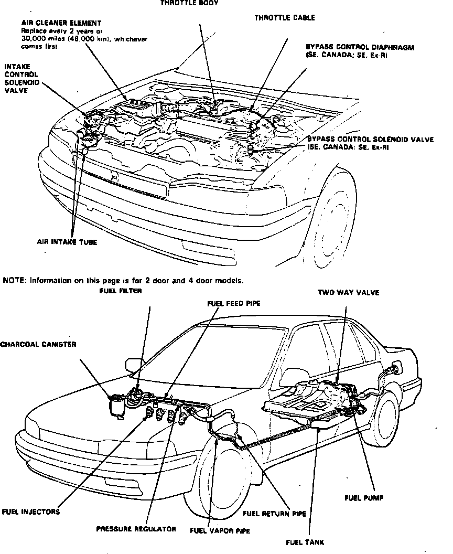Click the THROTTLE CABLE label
[x=285, y=18]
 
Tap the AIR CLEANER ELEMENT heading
[x=61, y=24]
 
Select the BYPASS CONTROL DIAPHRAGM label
[x=360, y=47]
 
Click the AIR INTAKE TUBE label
[x=67, y=242]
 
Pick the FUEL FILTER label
[x=120, y=291]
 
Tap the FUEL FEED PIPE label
[x=234, y=303]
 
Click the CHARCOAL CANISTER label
[x=38, y=345]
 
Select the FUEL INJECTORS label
[x=31, y=512]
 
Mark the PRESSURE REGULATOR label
[x=136, y=529]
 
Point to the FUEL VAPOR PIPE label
[x=220, y=530]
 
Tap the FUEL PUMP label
[x=364, y=498]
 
